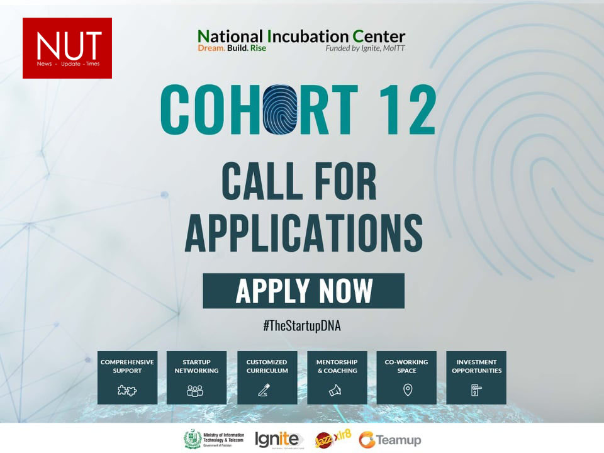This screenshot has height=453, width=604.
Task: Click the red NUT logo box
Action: [x=67, y=48]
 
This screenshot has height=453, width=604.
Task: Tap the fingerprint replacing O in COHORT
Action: [x=281, y=109]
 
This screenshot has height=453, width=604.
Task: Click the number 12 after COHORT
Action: [x=408, y=109]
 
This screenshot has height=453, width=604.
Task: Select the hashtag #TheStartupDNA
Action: [x=302, y=326]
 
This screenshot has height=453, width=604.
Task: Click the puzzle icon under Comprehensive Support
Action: [x=126, y=391]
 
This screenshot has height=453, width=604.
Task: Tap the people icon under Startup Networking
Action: [x=195, y=391]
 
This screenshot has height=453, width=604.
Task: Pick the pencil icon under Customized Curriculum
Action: [x=264, y=390]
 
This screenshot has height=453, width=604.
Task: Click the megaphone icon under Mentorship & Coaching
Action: [x=335, y=390]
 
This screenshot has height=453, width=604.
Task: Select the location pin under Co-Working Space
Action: [x=408, y=390]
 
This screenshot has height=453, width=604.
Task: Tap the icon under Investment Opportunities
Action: [x=476, y=390]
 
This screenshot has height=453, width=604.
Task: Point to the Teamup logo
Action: [x=390, y=440]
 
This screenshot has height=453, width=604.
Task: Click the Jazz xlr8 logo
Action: [x=333, y=439]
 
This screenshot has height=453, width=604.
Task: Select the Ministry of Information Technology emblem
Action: [x=193, y=440]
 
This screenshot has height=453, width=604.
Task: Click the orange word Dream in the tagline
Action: [x=211, y=48]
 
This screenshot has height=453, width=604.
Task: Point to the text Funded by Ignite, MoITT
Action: [x=365, y=48]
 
